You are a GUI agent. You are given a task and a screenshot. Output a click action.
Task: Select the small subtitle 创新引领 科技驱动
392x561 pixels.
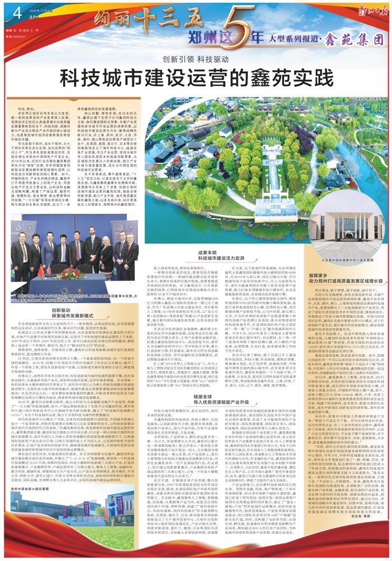(196, 58)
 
